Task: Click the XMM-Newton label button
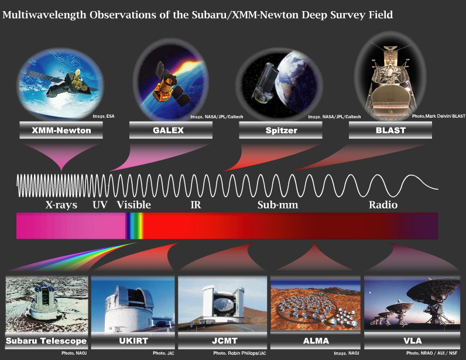click(61, 130)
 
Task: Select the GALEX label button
click(171, 130)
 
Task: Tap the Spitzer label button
click(280, 130)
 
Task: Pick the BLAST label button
click(390, 130)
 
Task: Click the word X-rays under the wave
click(61, 205)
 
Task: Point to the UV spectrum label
click(100, 205)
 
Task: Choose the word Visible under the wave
click(133, 204)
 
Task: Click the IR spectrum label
click(196, 205)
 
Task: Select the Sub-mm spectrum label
click(278, 205)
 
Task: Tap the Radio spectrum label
click(383, 205)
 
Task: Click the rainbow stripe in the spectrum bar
click(135, 226)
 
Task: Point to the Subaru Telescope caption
click(46, 341)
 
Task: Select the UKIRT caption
click(133, 341)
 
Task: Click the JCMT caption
click(224, 341)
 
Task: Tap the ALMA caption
click(316, 341)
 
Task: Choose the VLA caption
click(413, 341)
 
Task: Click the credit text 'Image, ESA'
click(104, 116)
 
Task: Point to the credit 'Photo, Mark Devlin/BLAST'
click(438, 116)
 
